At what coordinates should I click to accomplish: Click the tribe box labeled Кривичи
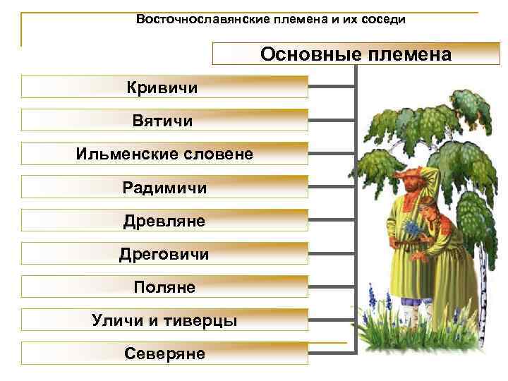tap(164, 87)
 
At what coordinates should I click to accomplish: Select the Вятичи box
tap(164, 121)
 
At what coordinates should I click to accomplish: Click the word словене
tap(214, 154)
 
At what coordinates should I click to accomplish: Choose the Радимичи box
tap(164, 188)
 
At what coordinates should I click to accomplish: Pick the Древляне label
tap(164, 221)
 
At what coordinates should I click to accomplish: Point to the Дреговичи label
tap(164, 254)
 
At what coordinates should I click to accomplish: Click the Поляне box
tap(164, 287)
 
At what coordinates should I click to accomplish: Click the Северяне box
tap(164, 353)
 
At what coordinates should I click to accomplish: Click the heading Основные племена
tap(356, 54)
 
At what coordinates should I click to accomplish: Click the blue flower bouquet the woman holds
tap(412, 229)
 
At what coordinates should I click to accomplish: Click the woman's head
tap(430, 210)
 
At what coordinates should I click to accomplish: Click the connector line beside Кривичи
tap(332, 87)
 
